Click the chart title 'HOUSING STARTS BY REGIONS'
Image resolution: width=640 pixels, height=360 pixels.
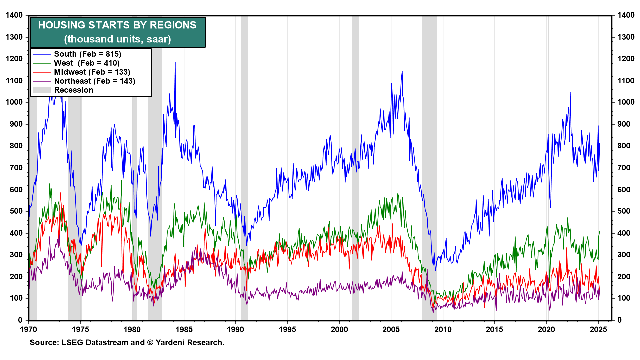click(117, 25)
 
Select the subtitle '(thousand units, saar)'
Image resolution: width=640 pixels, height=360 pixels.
click(117, 39)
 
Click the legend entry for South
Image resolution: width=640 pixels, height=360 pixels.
click(87, 54)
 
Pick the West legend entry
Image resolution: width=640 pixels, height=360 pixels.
click(87, 63)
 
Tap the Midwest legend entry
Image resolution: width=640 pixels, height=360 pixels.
click(92, 72)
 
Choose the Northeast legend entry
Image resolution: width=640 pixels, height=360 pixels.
click(95, 81)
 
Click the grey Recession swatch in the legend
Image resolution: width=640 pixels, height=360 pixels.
click(42, 90)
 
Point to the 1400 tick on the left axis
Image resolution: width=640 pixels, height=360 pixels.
click(14, 15)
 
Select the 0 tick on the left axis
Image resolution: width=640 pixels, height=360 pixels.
click(20, 320)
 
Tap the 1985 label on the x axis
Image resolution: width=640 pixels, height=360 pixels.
click(184, 330)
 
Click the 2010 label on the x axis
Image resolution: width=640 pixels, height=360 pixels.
click(443, 330)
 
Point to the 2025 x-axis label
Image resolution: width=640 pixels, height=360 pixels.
click(598, 330)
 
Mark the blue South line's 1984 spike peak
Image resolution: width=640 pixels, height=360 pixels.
click(175, 62)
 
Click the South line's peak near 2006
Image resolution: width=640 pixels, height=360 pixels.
click(402, 71)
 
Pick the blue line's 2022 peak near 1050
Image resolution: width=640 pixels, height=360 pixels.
click(570, 92)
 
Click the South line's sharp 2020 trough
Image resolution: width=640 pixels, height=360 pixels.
click(550, 207)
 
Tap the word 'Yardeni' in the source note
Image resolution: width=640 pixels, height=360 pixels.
click(171, 343)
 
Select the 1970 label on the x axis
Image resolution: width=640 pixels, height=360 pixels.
click(29, 330)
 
